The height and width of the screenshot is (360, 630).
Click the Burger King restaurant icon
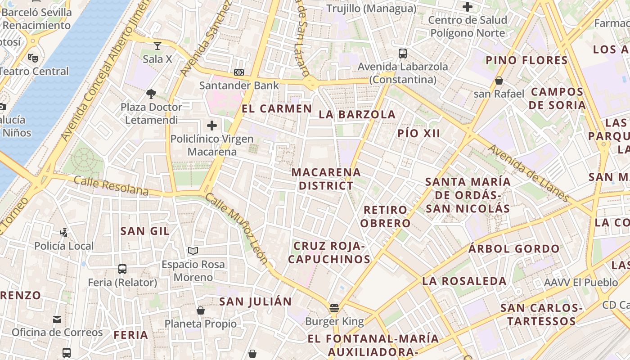pos(334,308)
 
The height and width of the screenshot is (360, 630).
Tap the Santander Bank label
pos(239,85)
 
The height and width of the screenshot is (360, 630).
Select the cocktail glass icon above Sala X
pos(157,45)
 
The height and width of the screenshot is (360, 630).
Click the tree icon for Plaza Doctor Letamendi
pos(151,94)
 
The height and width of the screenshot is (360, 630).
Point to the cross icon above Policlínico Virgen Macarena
pos(211,126)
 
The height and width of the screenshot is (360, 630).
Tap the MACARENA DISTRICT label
pos(326,179)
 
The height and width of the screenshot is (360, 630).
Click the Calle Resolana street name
pos(111,186)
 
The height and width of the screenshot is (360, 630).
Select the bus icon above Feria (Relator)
pos(122,269)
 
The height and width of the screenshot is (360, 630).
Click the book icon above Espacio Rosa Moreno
pos(193,251)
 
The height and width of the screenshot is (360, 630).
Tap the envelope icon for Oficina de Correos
pos(57,319)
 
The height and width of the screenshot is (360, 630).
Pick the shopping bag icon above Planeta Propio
pos(201,310)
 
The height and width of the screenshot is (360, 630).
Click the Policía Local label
pos(64,246)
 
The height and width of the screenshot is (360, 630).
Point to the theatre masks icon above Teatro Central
pos(32,58)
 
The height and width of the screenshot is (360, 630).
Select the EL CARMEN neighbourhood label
pos(277,108)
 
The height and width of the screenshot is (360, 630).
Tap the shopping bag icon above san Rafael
pos(499,81)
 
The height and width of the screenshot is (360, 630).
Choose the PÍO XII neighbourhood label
pos(419,133)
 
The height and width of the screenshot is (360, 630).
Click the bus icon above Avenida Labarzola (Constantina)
pos(403,54)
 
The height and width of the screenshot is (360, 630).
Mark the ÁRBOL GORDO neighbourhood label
pos(514,248)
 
